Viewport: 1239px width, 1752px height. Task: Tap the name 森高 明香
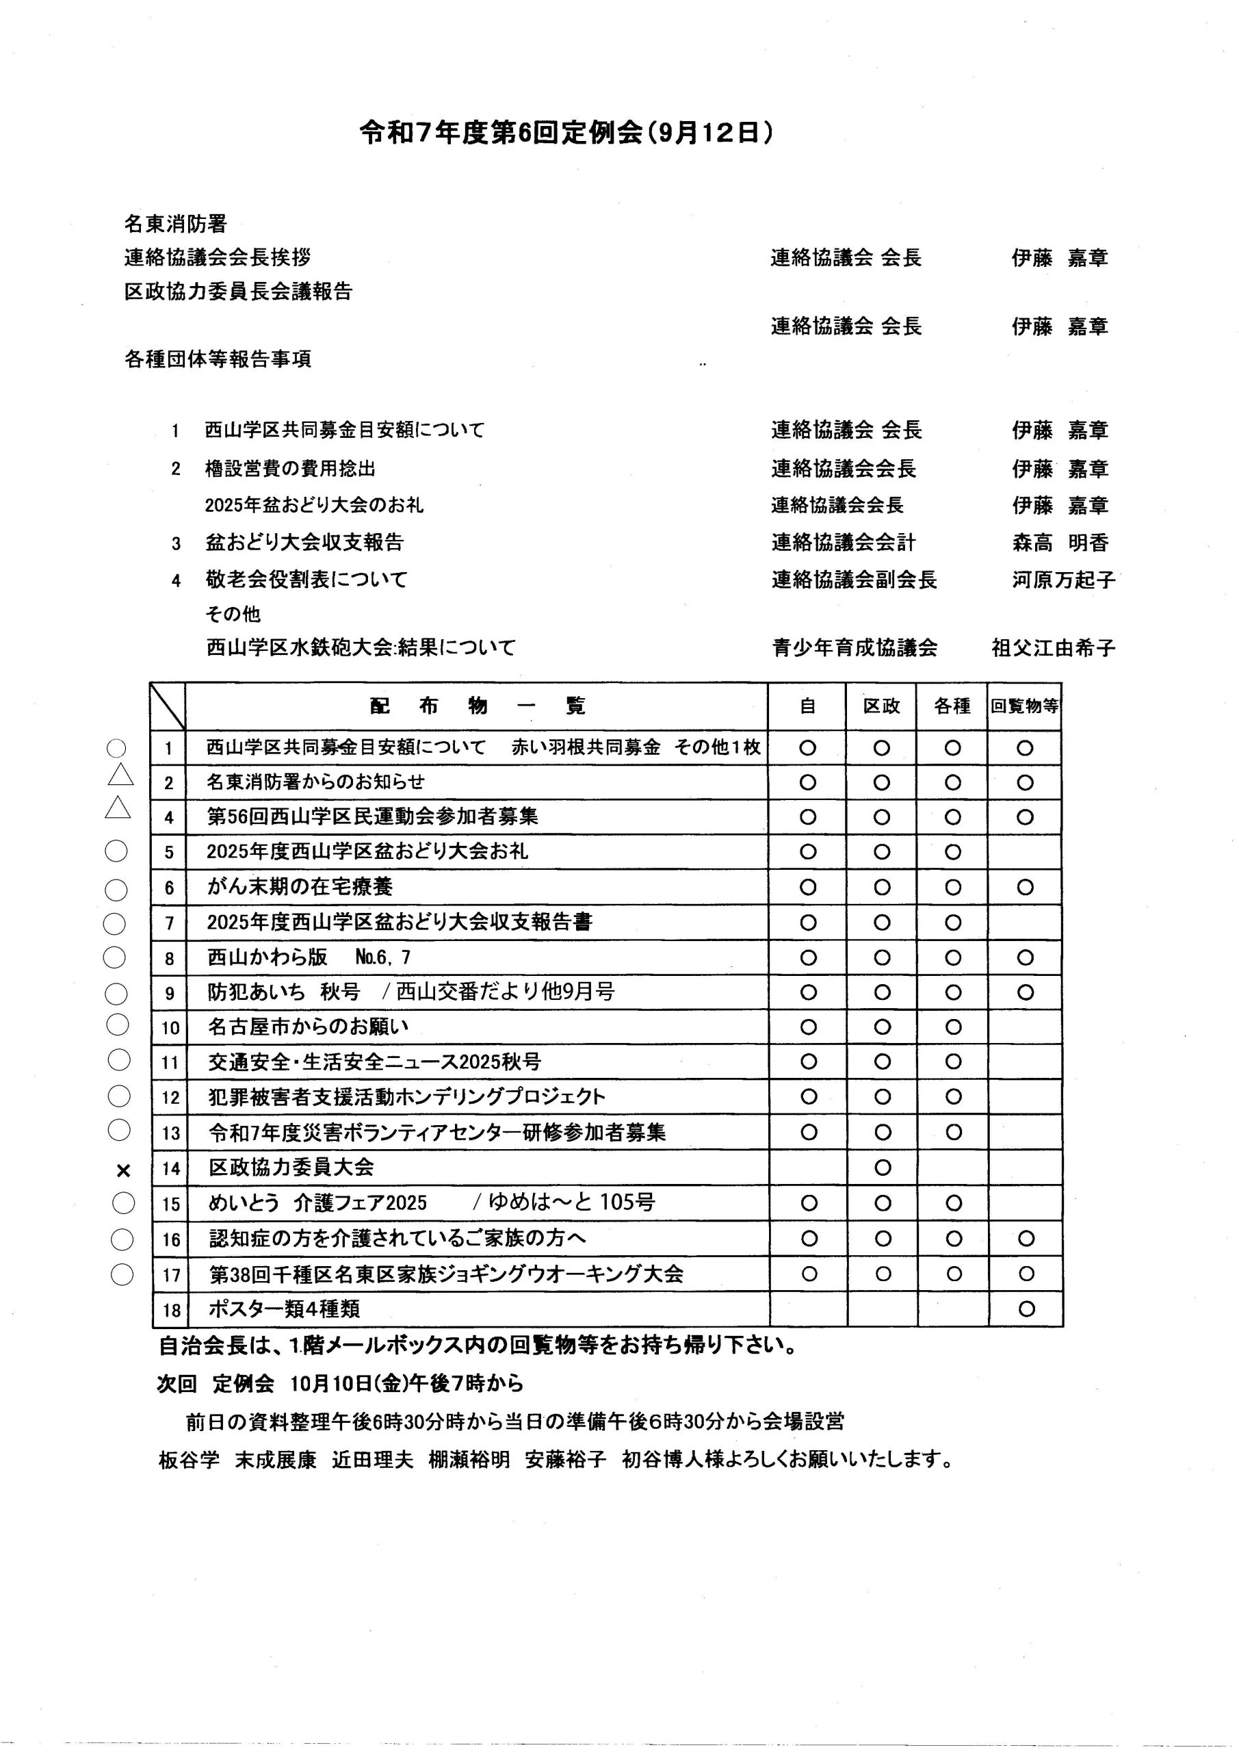click(1060, 543)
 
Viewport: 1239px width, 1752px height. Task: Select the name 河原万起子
click(1062, 580)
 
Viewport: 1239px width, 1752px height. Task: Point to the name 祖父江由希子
click(1053, 648)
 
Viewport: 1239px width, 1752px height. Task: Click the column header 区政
click(881, 706)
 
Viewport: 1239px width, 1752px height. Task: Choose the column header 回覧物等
click(1025, 706)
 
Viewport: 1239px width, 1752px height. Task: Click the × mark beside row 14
click(124, 1170)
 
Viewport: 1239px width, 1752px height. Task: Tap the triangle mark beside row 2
click(120, 776)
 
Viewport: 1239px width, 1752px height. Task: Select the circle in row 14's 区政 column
click(882, 1168)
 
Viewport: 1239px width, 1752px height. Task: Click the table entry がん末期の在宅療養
click(300, 887)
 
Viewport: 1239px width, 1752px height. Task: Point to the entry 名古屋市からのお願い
click(309, 1027)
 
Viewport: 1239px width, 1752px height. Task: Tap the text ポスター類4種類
click(284, 1309)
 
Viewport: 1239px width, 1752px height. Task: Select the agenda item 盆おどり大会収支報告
click(304, 543)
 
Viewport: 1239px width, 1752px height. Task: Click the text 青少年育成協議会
click(855, 648)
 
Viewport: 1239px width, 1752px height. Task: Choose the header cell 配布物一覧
click(477, 706)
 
